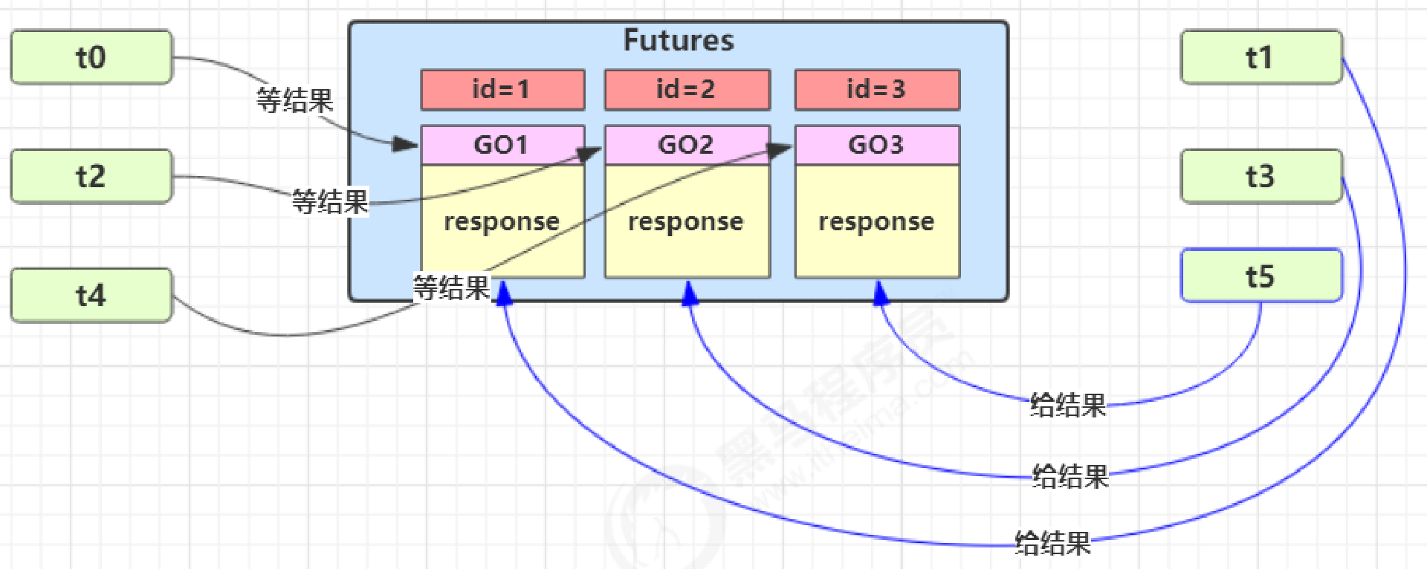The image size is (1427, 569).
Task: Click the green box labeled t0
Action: pyautogui.click(x=91, y=57)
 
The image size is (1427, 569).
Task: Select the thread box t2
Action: pyautogui.click(x=91, y=176)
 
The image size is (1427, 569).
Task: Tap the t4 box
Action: pyautogui.click(x=91, y=295)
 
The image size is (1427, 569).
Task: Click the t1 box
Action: pyautogui.click(x=1261, y=57)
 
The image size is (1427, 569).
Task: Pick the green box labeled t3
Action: pyautogui.click(x=1261, y=176)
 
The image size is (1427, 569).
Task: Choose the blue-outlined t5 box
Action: pyautogui.click(x=1261, y=276)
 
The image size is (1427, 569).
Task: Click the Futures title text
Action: pyautogui.click(x=678, y=40)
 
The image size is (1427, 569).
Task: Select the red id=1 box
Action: pyautogui.click(x=502, y=90)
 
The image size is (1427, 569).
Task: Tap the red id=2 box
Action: pyautogui.click(x=687, y=90)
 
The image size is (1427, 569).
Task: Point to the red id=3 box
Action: pyautogui.click(x=877, y=90)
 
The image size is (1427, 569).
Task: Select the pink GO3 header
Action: pyautogui.click(x=877, y=144)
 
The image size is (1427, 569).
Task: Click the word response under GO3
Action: pyautogui.click(x=876, y=222)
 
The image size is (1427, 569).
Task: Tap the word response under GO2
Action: pyautogui.click(x=685, y=222)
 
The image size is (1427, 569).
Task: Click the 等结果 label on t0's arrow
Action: pyautogui.click(x=294, y=100)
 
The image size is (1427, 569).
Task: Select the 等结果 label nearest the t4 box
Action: pyautogui.click(x=451, y=287)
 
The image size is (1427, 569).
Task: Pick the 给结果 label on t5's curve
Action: pyautogui.click(x=1068, y=406)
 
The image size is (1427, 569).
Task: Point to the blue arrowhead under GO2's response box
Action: pyautogui.click(x=690, y=294)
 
